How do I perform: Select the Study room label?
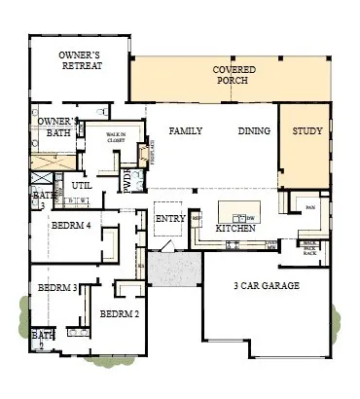pos(307,130)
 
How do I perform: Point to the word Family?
pos(185,130)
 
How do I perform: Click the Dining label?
pos(255,130)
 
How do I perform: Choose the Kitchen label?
pos(235,228)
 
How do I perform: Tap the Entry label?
pos(170,218)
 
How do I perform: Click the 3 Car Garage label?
pos(266,286)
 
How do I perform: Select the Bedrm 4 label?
pos(73,225)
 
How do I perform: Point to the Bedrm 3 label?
pos(57,289)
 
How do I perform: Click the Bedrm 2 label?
pos(120,313)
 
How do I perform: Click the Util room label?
pos(82,184)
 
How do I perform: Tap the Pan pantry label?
pos(310,207)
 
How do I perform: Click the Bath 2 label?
pos(42,340)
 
